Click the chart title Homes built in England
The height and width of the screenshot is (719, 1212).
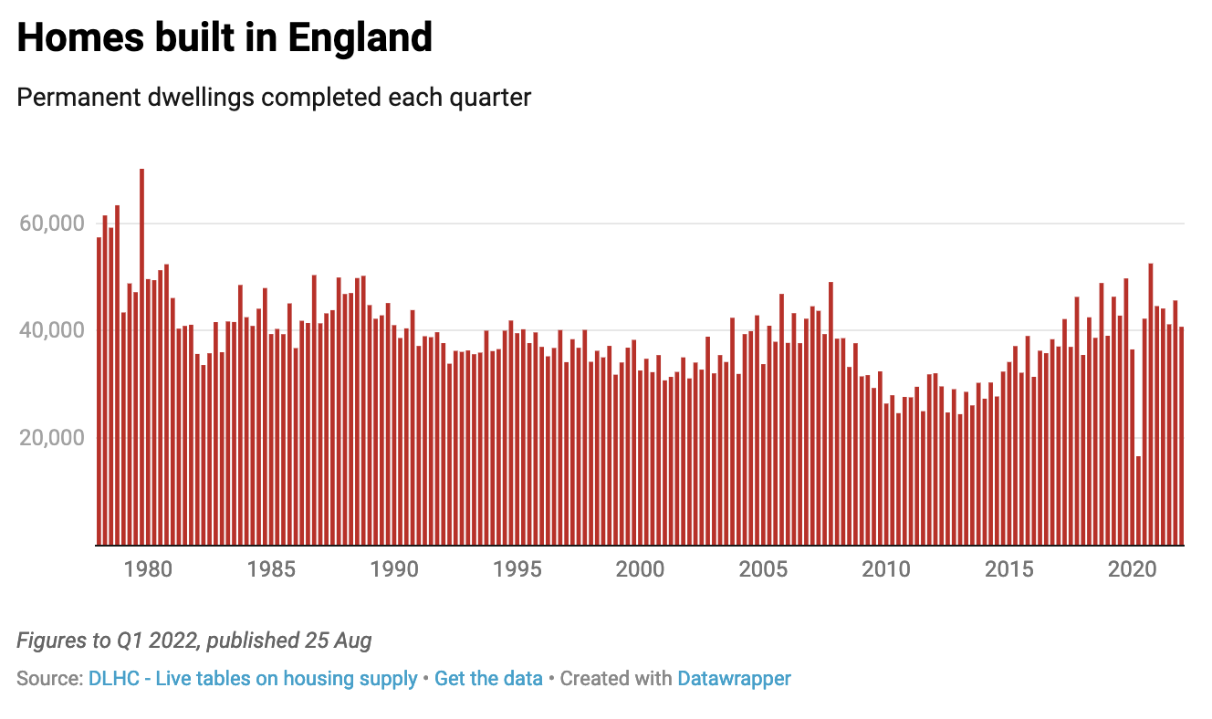224,38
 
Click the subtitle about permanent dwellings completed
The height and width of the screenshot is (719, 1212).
274,98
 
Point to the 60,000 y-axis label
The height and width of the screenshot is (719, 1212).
52,224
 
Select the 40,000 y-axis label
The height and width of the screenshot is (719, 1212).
52,330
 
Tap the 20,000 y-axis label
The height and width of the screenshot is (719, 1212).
52,438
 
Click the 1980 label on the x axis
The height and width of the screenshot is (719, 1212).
147,569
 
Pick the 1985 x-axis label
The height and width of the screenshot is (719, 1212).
270,569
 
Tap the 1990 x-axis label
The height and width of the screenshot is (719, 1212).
393,569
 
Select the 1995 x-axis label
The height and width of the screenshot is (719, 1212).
517,569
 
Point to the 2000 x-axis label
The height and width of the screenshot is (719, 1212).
640,569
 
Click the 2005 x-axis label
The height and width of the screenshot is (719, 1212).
763,569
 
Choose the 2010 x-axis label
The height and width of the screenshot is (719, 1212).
886,569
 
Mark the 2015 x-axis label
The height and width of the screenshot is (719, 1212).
1009,569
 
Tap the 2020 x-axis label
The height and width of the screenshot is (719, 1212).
1133,569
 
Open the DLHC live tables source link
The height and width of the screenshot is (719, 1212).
253,679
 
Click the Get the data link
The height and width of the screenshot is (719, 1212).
488,679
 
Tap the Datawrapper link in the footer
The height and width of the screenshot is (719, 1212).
734,679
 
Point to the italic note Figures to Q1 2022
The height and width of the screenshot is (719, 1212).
194,641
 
